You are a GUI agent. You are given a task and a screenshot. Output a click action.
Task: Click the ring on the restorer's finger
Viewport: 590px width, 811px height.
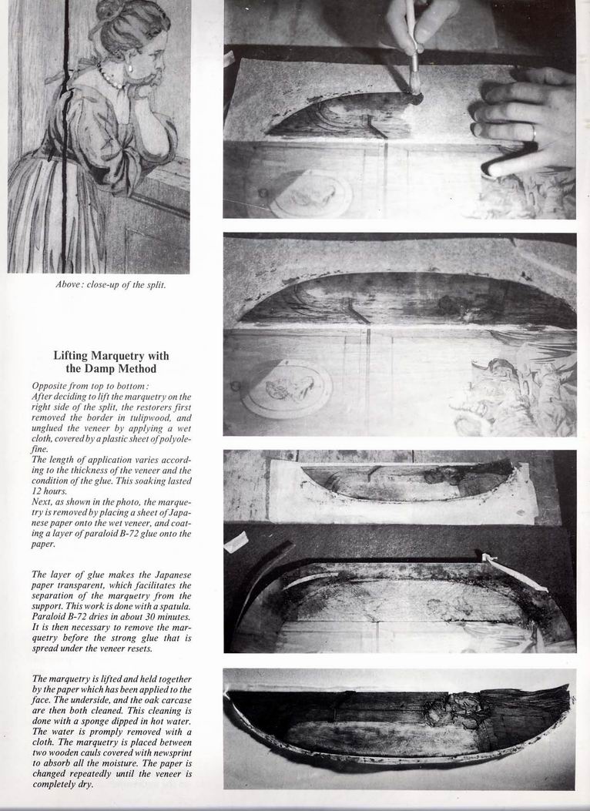point(533,133)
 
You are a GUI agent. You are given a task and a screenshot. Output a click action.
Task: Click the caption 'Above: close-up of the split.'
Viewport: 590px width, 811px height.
point(111,284)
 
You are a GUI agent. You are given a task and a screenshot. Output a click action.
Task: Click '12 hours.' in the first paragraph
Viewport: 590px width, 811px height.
point(48,491)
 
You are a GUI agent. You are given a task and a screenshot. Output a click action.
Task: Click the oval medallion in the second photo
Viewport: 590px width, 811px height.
point(287,388)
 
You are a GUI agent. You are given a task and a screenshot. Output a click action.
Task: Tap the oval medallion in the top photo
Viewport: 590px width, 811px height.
point(310,194)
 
